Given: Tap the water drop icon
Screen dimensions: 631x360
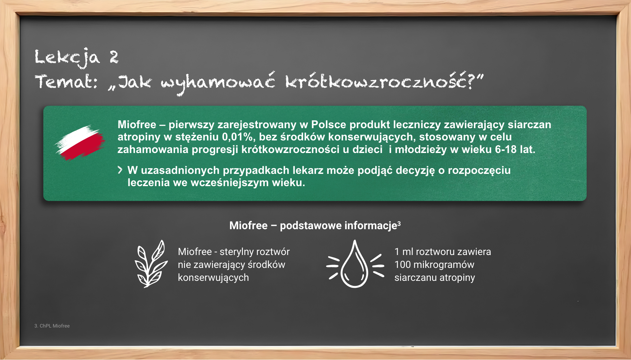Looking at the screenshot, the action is click(x=355, y=264).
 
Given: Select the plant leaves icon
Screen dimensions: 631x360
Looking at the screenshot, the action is click(x=151, y=264).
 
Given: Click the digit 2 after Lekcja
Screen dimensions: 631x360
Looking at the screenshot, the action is click(x=114, y=57).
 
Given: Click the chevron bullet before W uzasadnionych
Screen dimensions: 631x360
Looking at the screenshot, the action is click(x=120, y=170).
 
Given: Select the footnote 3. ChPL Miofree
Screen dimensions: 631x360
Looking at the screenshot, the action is click(x=52, y=326).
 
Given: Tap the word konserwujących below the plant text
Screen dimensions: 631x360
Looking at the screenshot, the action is click(x=213, y=278).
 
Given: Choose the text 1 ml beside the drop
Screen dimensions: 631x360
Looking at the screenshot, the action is click(x=403, y=252).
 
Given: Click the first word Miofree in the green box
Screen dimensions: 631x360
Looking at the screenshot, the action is click(x=137, y=125).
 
